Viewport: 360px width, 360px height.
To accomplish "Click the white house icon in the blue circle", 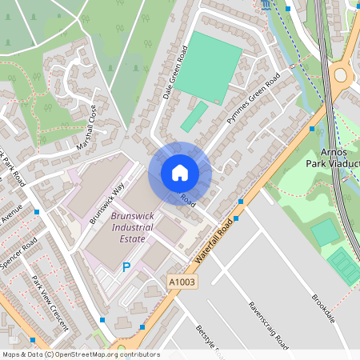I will (180, 173).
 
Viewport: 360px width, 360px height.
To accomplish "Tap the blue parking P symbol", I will (126, 267).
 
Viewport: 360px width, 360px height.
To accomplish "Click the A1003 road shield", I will (182, 281).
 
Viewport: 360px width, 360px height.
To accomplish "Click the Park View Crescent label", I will (48, 304).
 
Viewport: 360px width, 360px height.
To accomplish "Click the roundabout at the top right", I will (342, 76).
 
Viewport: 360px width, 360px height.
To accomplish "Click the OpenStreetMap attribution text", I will (80, 354).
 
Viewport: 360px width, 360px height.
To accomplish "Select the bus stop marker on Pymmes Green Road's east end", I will (311, 128).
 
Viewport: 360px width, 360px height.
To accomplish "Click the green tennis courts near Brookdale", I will (343, 265).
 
